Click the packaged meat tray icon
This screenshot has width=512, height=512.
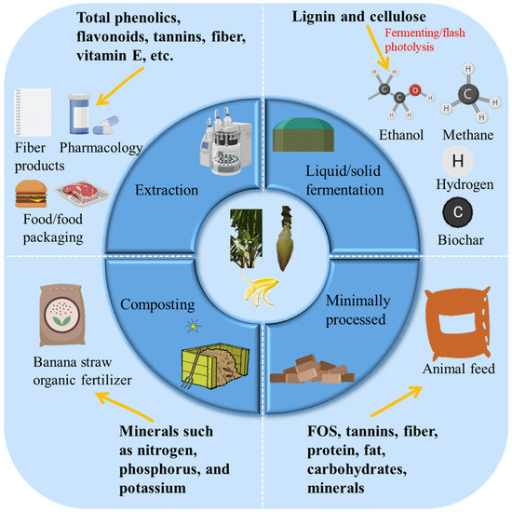pos(83,195)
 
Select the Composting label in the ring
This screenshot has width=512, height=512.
pos(155,303)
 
